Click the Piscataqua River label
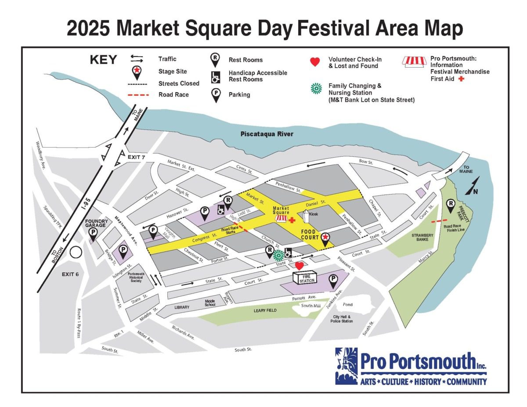point(267,134)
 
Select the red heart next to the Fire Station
point(300,266)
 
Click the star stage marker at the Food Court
point(325,238)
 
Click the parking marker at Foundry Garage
point(93,234)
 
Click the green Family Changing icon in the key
point(315,88)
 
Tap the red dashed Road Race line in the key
point(139,94)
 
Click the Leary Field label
point(266,310)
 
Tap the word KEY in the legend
point(104,60)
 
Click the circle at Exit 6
point(76,252)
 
